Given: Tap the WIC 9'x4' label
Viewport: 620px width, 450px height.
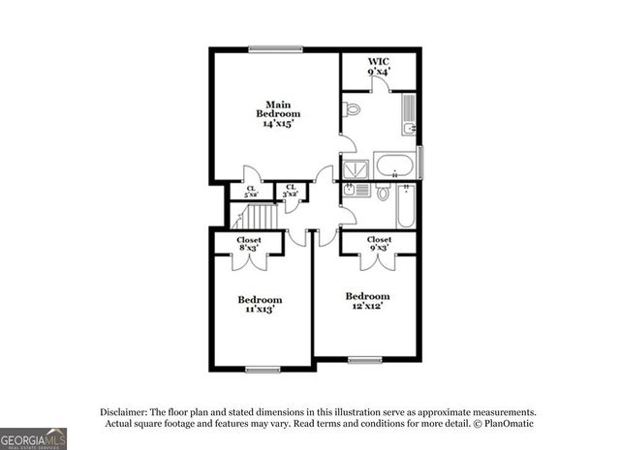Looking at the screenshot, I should [379, 67].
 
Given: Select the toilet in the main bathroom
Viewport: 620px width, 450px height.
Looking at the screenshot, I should [352, 107].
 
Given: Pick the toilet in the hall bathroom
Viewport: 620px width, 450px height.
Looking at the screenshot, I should [383, 193].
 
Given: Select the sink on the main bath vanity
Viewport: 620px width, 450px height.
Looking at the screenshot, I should [411, 127].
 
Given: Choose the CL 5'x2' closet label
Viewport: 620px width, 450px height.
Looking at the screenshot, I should [250, 192].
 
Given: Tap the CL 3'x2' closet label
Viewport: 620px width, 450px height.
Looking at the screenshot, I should [290, 192].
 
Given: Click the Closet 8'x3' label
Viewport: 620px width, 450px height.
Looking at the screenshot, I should [249, 244].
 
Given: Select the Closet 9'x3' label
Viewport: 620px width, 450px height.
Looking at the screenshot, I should [379, 244].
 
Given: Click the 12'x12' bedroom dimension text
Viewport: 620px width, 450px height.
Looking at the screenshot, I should [368, 307].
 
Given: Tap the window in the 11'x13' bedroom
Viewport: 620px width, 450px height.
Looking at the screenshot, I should [263, 368].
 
